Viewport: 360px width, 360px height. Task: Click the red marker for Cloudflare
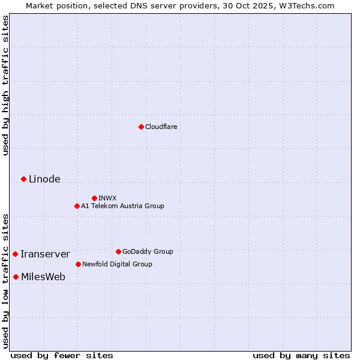point(141,127)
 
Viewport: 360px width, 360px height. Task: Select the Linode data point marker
point(23,179)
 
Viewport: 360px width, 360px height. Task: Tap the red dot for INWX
point(94,198)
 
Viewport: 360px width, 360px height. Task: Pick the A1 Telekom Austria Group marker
point(77,206)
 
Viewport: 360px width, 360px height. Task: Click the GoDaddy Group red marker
point(118,251)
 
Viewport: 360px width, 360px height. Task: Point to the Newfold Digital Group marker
point(78,264)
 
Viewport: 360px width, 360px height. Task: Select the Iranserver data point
point(15,254)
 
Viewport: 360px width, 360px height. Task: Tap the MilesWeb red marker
point(16,277)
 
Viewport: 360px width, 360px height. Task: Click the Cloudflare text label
point(161,127)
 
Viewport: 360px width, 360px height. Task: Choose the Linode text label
point(44,179)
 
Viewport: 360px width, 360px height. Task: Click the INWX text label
point(107,198)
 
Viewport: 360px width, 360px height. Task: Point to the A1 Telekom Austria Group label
point(122,206)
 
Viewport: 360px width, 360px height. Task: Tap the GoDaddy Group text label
point(148,251)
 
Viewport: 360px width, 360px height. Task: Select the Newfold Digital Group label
point(117,264)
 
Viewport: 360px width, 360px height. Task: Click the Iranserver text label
point(45,254)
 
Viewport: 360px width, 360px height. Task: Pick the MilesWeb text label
point(43,277)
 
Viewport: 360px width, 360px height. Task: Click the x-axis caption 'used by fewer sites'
point(62,355)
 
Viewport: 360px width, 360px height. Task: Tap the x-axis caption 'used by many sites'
point(301,355)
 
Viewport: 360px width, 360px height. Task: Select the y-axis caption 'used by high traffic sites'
point(5,85)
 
